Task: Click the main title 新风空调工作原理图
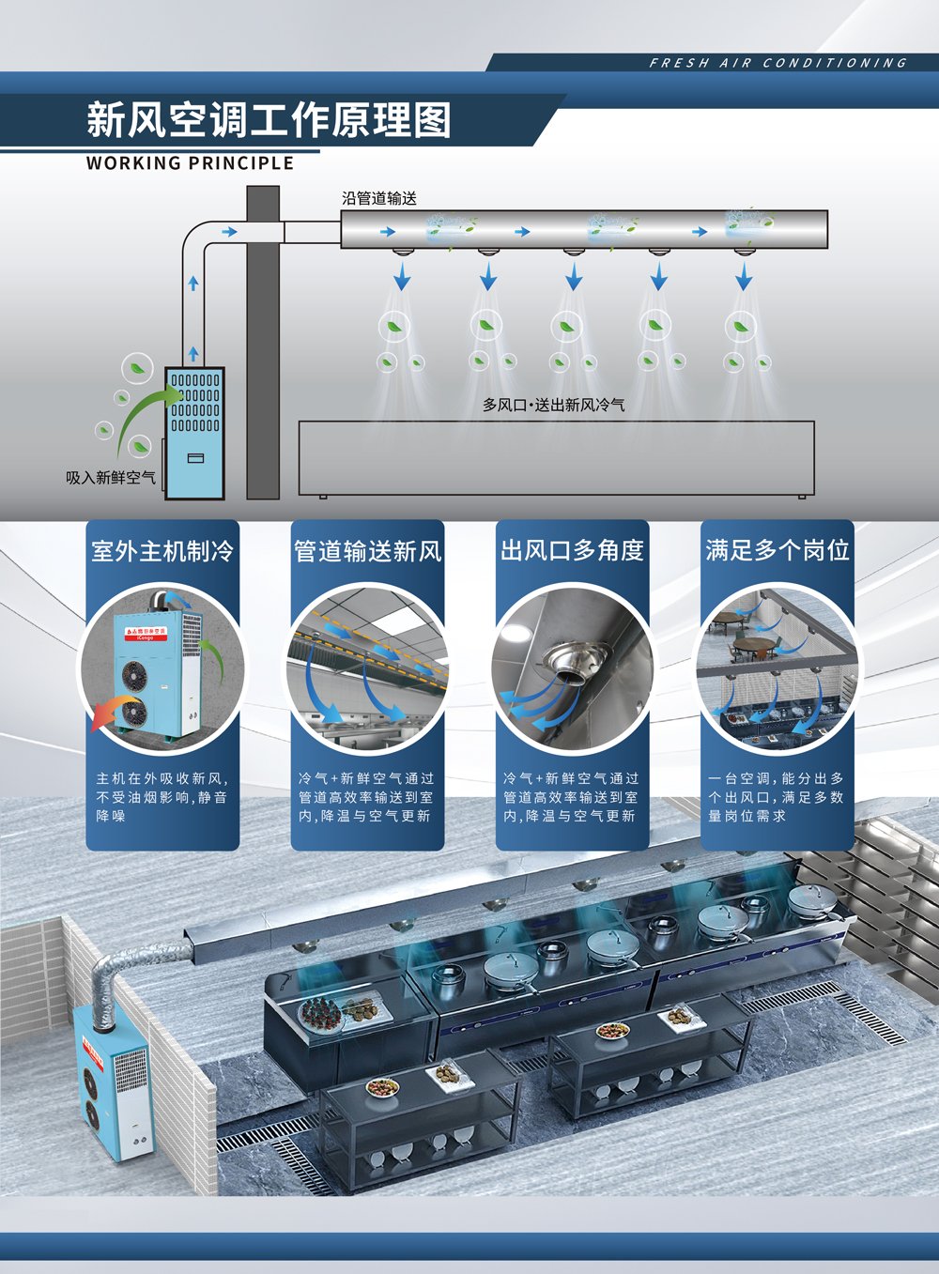coord(269,120)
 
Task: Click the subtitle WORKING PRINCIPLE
coord(190,163)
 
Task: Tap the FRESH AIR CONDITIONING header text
coord(777,63)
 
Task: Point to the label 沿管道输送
coord(379,198)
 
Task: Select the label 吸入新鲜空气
coord(111,478)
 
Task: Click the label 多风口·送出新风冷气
coord(553,405)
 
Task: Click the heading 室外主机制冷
coord(162,550)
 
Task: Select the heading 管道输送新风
coord(367,550)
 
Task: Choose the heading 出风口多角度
coord(572,550)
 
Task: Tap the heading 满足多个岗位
coord(777,550)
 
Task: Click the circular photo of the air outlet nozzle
coord(572,668)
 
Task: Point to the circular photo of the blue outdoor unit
coord(162,668)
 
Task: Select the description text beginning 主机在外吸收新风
coord(162,797)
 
